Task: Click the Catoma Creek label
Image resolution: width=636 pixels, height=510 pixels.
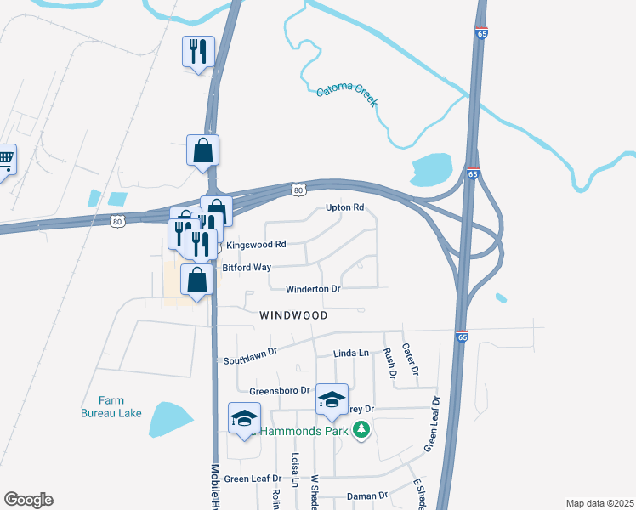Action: point(347,97)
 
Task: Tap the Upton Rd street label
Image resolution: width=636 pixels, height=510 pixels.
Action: point(345,207)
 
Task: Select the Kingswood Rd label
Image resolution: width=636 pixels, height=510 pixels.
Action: point(255,245)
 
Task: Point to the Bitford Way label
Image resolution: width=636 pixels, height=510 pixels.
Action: point(247,267)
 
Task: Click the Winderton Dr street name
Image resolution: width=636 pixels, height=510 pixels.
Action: point(313,289)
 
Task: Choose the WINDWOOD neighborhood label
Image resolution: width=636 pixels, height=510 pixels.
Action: point(293,314)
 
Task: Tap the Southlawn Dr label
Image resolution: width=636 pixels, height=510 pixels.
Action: point(251,355)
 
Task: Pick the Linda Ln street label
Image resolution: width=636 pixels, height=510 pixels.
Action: point(351,353)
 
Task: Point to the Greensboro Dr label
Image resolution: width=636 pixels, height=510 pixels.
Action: point(277,392)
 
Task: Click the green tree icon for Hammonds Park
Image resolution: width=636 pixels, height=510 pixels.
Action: point(362,429)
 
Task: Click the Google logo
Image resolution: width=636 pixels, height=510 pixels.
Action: point(28,500)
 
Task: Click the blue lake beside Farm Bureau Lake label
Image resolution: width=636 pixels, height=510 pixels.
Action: point(169,418)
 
